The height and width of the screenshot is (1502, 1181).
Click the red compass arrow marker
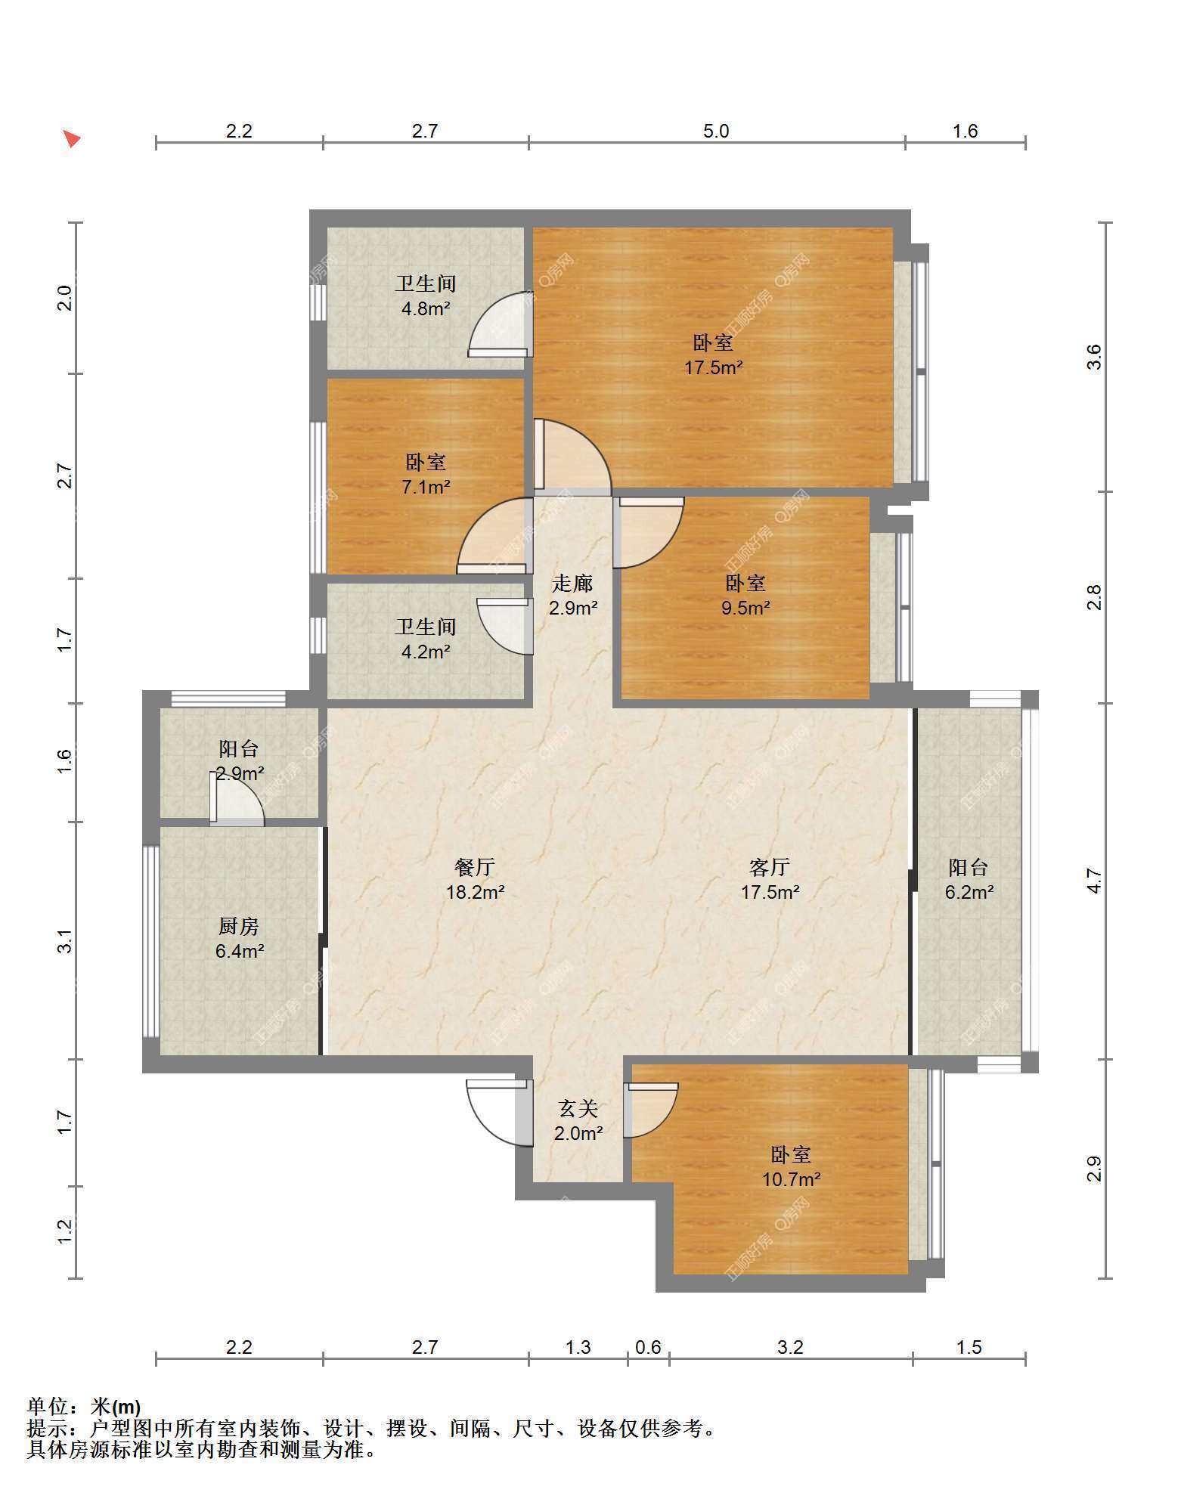pos(72,139)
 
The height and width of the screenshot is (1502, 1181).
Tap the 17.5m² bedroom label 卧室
pos(713,343)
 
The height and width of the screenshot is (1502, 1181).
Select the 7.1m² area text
pos(426,487)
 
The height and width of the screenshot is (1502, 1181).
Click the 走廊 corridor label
pos(572,583)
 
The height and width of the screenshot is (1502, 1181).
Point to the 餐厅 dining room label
pos(475,866)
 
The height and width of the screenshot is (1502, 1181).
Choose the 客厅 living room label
pos(770,866)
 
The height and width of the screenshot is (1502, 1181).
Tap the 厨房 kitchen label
pos(239,926)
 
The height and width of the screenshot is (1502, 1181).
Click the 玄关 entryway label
pos(578,1109)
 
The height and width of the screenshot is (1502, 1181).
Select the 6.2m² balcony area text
pos(969,892)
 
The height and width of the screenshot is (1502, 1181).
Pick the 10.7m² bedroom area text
pos(791,1178)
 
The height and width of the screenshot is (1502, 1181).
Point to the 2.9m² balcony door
pos(237,799)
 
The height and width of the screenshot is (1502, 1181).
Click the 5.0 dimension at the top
pos(716,132)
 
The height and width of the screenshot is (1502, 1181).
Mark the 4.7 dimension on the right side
pos(1094,881)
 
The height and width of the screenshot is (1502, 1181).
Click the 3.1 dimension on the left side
pos(65,941)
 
